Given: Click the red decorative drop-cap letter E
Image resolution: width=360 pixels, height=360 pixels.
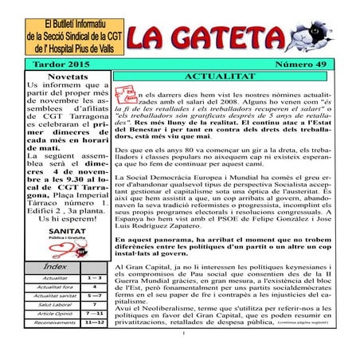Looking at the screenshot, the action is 126,95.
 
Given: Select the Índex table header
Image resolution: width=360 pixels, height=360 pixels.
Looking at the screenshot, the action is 56,265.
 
